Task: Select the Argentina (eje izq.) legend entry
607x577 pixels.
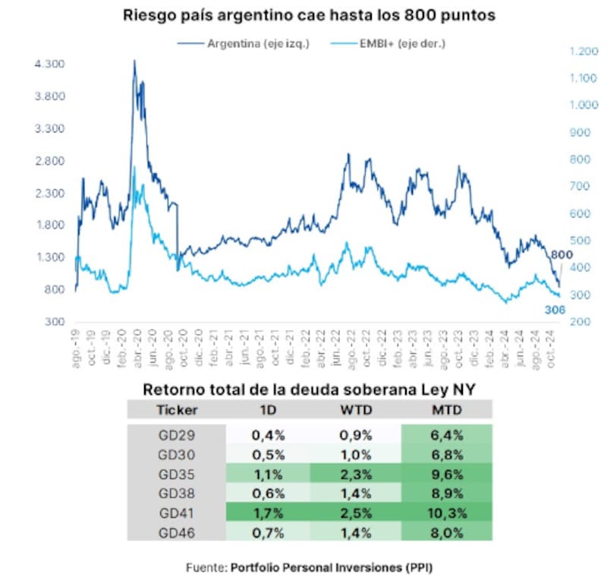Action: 257,44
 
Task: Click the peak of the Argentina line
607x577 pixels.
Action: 134,61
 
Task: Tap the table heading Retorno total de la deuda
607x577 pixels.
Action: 310,390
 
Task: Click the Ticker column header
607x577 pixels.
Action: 177,410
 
